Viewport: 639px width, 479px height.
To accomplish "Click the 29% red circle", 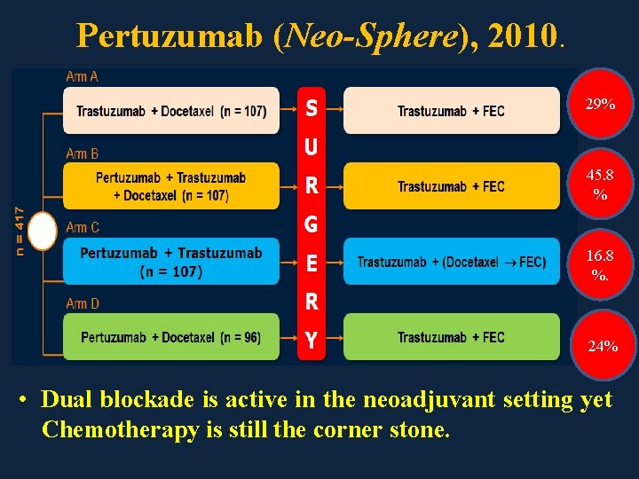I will (601, 106).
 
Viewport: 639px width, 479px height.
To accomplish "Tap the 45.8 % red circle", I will (601, 184).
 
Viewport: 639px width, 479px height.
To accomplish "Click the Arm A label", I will (83, 77).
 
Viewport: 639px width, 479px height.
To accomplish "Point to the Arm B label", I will (83, 153).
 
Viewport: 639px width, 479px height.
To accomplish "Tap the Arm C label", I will (83, 228).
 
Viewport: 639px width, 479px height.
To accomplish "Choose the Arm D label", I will (83, 304).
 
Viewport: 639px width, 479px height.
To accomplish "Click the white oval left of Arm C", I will (42, 232).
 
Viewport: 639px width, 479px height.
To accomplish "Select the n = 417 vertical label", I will (20, 232).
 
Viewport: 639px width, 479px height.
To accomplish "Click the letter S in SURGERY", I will (312, 108).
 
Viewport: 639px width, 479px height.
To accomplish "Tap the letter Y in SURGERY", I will (312, 340).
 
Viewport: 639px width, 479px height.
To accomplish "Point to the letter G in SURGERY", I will (312, 224).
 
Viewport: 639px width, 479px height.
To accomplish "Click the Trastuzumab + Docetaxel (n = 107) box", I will (171, 111).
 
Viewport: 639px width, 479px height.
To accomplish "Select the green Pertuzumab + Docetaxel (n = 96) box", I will (171, 337).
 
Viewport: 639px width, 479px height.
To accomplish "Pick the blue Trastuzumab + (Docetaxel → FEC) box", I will (451, 262).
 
